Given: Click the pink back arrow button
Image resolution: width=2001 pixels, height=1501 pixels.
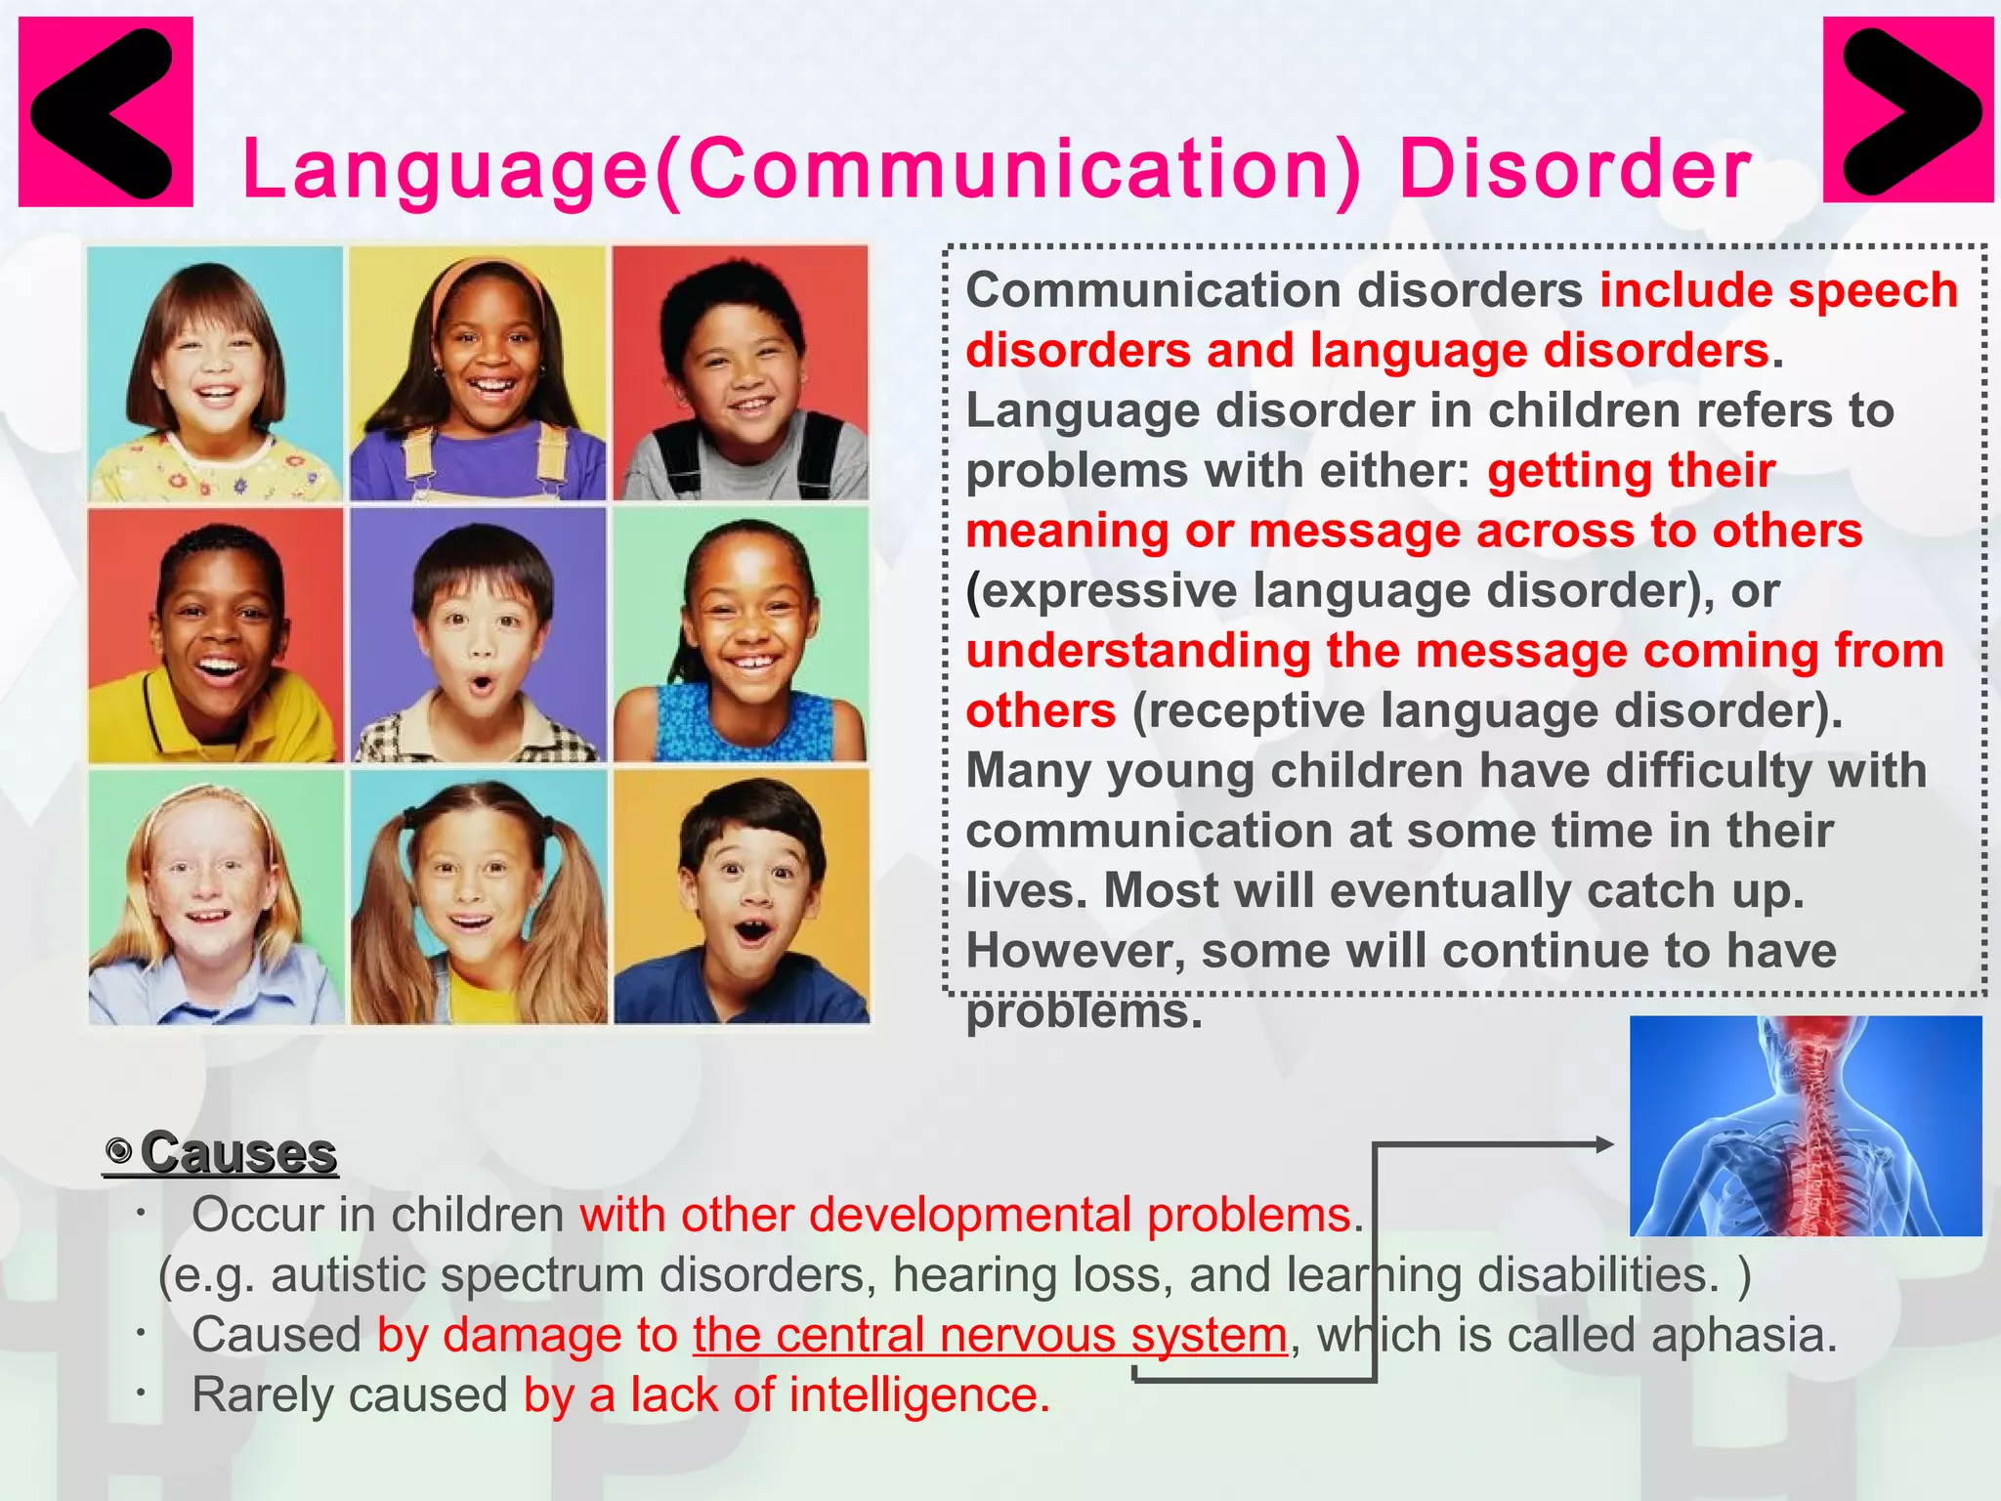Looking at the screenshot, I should pos(106,111).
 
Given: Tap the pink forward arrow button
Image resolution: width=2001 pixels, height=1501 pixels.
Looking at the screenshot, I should pos(1907,109).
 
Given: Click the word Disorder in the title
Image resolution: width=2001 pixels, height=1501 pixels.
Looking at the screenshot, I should pos(1575,170).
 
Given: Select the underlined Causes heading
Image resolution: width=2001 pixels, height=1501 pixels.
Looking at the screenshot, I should pos(238,1153).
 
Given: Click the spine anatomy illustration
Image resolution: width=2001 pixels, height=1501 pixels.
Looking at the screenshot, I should pos(1806,1126).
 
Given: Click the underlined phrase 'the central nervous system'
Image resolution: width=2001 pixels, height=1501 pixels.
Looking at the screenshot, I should pos(990,1335).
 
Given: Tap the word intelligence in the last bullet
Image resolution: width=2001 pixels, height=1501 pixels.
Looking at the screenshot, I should pos(918,1395).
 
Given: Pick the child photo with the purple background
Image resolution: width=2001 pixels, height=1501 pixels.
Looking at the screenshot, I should pos(479,635).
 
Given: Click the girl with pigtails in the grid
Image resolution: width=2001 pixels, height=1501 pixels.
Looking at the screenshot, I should pos(479,897).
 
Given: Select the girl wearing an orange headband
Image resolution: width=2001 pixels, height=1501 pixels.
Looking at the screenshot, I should pos(479,373).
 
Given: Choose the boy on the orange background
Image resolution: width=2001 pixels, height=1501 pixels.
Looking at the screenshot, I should pos(742,897).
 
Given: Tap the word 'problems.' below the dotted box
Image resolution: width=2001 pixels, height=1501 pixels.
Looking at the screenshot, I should pos(1084,1012).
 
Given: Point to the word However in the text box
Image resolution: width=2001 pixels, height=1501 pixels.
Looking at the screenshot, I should pos(1075,952).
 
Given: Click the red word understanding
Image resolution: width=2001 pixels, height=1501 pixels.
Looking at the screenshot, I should pos(1137,651).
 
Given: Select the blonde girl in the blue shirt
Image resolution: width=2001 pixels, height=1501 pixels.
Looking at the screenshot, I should pos(216,897).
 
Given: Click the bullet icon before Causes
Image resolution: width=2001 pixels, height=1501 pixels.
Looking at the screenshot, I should pos(120,1152).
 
